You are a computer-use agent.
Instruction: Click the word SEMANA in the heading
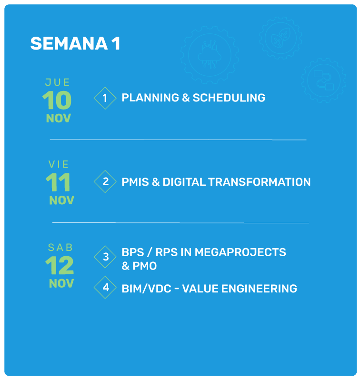[69, 44]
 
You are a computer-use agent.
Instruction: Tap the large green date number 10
[57, 100]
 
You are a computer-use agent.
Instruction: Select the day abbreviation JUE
[58, 82]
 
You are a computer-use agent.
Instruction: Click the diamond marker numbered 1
[105, 98]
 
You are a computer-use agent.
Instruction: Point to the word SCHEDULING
[229, 98]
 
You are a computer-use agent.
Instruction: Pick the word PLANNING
[150, 98]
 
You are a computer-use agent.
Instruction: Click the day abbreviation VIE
[59, 164]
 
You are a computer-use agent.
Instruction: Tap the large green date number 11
[58, 182]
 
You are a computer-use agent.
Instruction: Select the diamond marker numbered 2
[105, 181]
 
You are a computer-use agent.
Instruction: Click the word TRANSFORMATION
[260, 182]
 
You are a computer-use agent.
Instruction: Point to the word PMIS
[135, 182]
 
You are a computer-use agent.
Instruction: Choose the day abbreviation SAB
[60, 248]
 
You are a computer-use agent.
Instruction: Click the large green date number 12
[60, 265]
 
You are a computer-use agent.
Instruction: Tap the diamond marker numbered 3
[105, 257]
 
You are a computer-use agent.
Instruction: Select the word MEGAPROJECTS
[240, 252]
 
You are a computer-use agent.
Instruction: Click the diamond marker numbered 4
[105, 288]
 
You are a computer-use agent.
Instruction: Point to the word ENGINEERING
[259, 289]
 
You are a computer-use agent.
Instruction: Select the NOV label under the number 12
[61, 283]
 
